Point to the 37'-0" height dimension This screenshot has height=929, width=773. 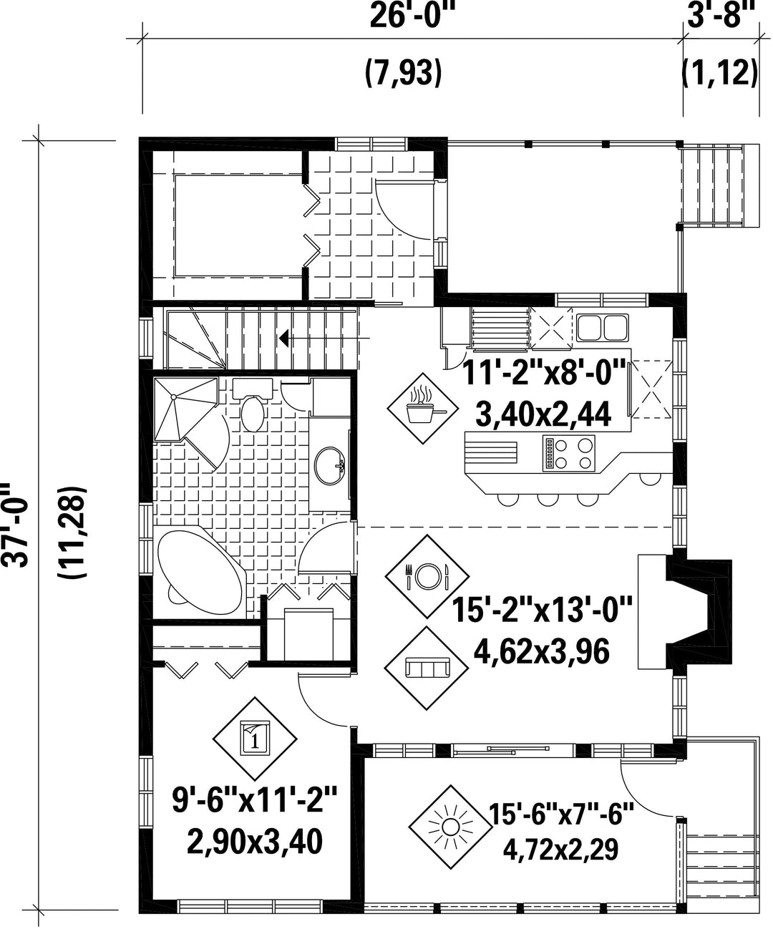[x=17, y=525]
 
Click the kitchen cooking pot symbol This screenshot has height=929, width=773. [x=422, y=408]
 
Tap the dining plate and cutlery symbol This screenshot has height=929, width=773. [x=427, y=576]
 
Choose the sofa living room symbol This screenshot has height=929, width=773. [x=427, y=668]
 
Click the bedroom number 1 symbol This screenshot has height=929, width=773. [x=255, y=739]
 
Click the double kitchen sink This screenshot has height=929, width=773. [x=603, y=327]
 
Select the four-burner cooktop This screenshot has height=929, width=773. [x=568, y=452]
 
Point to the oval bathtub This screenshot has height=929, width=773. [x=200, y=568]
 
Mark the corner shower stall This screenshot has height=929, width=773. [x=186, y=410]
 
